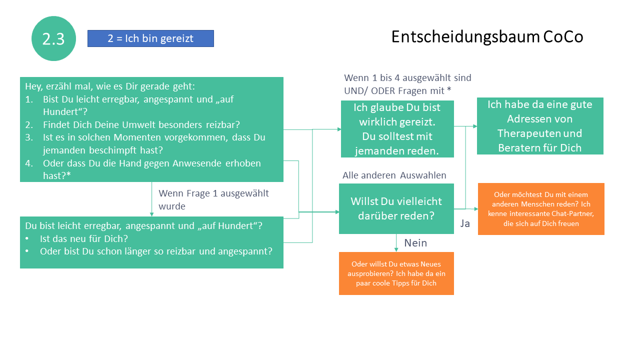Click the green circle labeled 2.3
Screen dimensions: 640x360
click(53, 38)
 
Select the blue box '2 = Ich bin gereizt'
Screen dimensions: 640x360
click(150, 38)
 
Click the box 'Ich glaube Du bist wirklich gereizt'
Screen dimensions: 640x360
click(397, 129)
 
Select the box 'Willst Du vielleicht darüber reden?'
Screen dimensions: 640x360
click(396, 208)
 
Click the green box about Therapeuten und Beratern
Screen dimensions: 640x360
click(540, 126)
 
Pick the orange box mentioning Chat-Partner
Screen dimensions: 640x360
click(541, 209)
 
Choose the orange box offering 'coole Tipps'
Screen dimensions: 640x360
click(396, 273)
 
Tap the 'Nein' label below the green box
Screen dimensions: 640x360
click(415, 243)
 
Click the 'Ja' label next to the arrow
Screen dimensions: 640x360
click(465, 223)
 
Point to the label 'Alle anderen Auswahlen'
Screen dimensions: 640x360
click(394, 175)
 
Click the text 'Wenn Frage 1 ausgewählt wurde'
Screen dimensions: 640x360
click(213, 199)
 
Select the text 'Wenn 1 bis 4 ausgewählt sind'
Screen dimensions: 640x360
click(407, 78)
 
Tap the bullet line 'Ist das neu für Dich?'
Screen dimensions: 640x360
click(83, 238)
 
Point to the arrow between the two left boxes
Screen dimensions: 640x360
click(151, 199)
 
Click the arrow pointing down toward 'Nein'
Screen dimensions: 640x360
click(396, 242)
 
